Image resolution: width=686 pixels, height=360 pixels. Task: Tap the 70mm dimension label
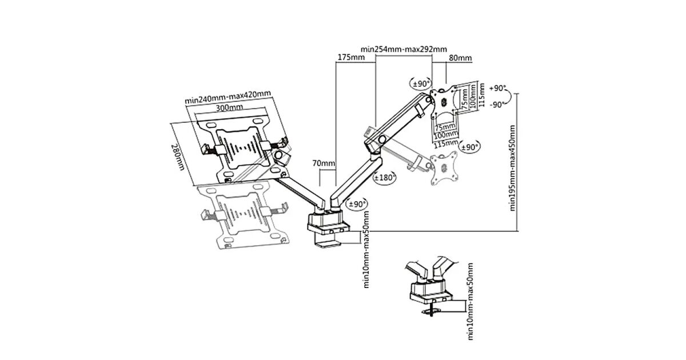pyautogui.click(x=324, y=163)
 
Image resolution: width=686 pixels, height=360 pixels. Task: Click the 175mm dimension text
pyautogui.click(x=351, y=58)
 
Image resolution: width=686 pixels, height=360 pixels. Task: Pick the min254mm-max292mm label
pyautogui.click(x=404, y=49)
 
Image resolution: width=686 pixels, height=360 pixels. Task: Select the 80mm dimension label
pyautogui.click(x=460, y=58)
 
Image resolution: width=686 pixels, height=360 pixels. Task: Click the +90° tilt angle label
pyautogui.click(x=498, y=89)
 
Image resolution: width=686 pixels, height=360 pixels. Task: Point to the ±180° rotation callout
pyautogui.click(x=384, y=178)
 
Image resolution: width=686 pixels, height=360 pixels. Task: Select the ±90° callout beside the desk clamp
pyautogui.click(x=356, y=204)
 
